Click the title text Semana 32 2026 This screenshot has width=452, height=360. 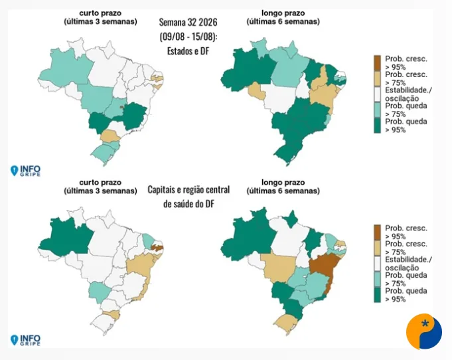click(188, 22)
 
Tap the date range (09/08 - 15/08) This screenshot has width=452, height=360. click(188, 37)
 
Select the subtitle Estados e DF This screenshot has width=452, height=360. click(188, 51)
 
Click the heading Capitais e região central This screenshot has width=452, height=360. click(188, 190)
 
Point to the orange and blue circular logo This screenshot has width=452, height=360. click(423, 331)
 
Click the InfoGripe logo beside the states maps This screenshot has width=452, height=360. click(25, 171)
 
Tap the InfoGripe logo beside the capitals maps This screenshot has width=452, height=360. click(25, 340)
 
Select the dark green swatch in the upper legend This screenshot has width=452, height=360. click(378, 126)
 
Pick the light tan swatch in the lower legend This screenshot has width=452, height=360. click(378, 248)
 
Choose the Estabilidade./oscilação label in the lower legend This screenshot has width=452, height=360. click(408, 264)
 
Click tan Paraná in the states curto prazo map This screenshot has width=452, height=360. click(108, 135)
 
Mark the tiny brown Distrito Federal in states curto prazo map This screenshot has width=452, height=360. click(122, 107)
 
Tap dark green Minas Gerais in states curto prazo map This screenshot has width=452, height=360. click(134, 115)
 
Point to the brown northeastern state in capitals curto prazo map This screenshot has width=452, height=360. click(157, 247)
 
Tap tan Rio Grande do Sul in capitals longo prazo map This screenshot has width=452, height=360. click(285, 324)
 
